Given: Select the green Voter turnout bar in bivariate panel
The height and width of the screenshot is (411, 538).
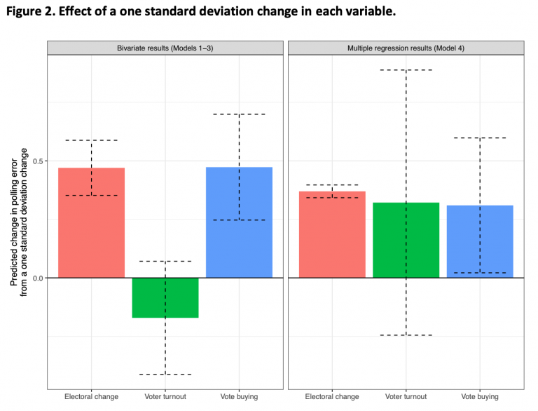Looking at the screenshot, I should pyautogui.click(x=165, y=297).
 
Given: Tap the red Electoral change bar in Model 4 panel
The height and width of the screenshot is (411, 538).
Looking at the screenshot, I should pyautogui.click(x=332, y=234).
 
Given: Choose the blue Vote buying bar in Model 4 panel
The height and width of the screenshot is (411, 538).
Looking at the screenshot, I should pyautogui.click(x=480, y=241).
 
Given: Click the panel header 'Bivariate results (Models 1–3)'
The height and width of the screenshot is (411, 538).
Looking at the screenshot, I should pyautogui.click(x=165, y=47).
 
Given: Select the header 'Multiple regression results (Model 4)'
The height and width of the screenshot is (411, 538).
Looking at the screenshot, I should pyautogui.click(x=406, y=47).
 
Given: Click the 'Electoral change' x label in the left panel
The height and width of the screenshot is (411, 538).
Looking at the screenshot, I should pyautogui.click(x=91, y=397).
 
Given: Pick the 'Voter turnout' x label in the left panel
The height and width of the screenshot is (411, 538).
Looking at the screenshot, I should pyautogui.click(x=165, y=397).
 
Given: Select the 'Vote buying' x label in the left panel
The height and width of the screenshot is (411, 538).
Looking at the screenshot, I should pyautogui.click(x=239, y=397).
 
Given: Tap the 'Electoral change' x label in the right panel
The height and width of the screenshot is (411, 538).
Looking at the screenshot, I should pyautogui.click(x=332, y=397).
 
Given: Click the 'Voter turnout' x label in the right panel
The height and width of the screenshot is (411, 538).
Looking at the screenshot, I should pyautogui.click(x=406, y=397).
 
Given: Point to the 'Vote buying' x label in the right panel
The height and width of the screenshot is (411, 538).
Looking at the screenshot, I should pyautogui.click(x=480, y=397).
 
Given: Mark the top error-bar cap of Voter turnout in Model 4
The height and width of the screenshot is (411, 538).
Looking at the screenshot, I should pyautogui.click(x=406, y=70).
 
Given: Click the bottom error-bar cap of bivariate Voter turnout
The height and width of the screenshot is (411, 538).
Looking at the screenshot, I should pyautogui.click(x=165, y=375).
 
